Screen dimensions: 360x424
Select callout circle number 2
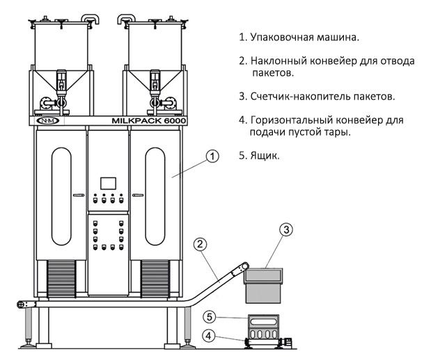[x=200, y=244]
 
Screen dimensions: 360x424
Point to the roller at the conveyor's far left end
[x=23, y=304]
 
